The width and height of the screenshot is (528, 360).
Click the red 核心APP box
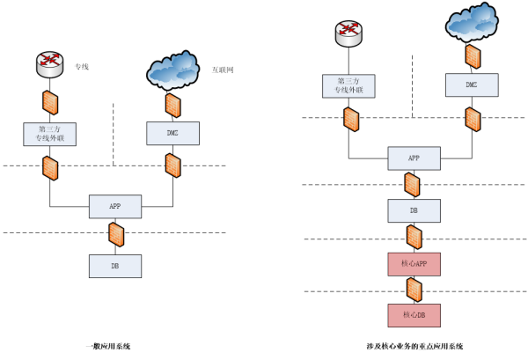(x=414, y=264)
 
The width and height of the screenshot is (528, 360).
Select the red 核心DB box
(x=414, y=315)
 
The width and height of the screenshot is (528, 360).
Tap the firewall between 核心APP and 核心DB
(x=414, y=290)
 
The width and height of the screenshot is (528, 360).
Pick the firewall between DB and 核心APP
(x=414, y=237)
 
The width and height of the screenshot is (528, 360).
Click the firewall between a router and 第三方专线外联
(x=50, y=103)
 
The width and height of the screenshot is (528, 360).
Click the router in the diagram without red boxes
(x=50, y=64)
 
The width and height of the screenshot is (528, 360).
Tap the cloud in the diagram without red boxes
(x=172, y=70)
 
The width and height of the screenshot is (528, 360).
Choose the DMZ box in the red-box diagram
(x=472, y=84)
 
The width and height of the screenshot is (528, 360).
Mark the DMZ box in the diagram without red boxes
(x=172, y=133)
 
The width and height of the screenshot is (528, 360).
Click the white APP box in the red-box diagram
(x=414, y=158)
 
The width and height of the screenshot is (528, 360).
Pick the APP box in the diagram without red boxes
(x=115, y=206)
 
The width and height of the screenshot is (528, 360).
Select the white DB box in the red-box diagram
(x=414, y=211)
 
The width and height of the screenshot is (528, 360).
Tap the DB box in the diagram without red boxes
(x=115, y=266)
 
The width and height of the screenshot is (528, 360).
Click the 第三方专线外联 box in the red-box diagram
(x=348, y=86)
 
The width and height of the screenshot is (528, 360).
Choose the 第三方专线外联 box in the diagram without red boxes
(x=50, y=134)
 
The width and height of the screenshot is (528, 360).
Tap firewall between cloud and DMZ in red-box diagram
(x=473, y=56)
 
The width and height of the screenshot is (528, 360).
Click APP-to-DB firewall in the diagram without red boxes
(x=115, y=235)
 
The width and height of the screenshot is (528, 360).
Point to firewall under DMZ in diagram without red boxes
(x=172, y=165)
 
